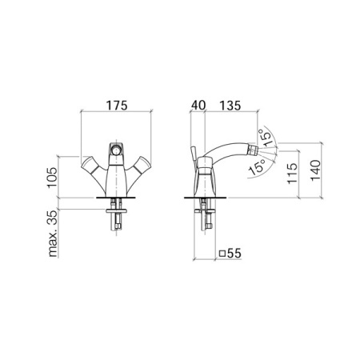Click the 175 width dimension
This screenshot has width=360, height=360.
[117, 106]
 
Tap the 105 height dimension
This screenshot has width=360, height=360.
[53, 178]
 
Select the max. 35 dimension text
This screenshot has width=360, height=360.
[53, 234]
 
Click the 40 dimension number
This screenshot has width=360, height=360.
[198, 105]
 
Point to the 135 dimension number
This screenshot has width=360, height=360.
[230, 106]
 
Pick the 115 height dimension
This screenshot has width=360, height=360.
[292, 173]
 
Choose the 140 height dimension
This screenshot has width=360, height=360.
[316, 170]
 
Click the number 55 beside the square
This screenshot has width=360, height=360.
[234, 254]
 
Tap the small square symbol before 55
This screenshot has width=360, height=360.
[222, 254]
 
